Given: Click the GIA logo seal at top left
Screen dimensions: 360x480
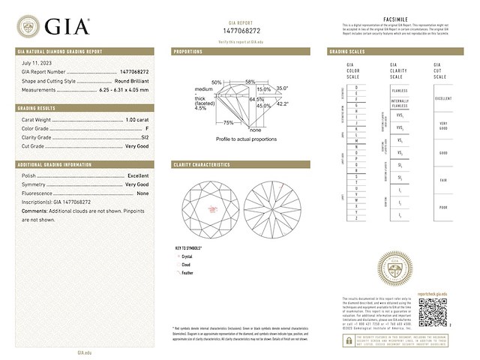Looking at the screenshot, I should click(x=28, y=27).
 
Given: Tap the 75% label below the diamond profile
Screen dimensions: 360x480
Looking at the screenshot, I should click(x=228, y=122).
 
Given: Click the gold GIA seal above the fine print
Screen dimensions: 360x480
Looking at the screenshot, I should click(x=397, y=268).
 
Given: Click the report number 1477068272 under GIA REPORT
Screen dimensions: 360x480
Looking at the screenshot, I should click(x=240, y=31).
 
